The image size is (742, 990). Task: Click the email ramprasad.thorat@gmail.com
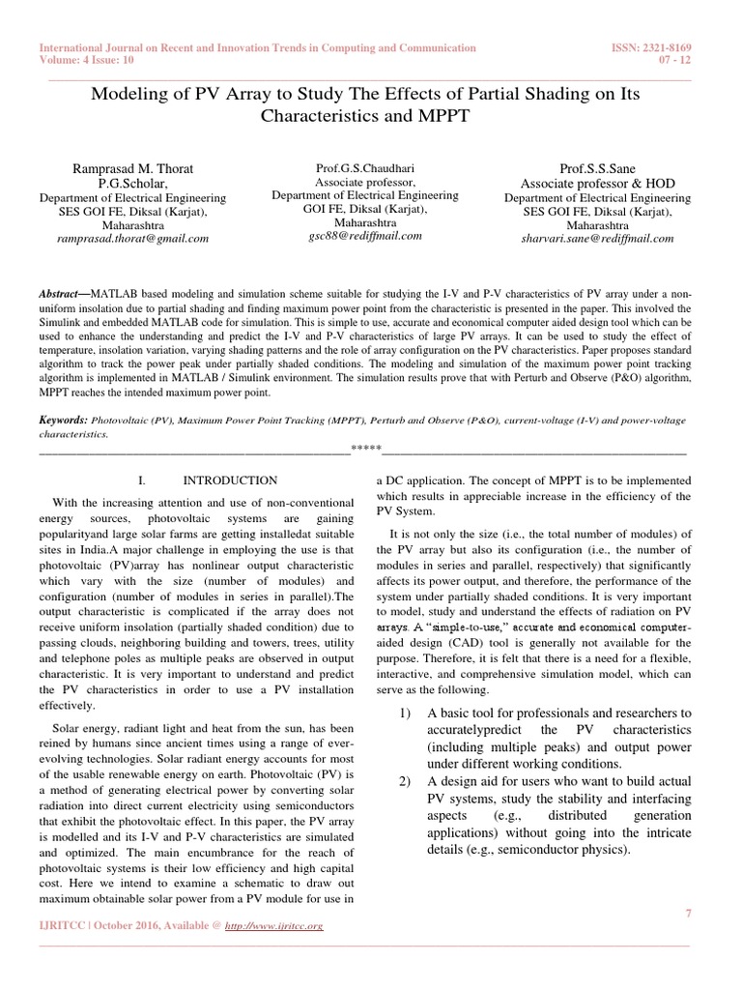click(132, 238)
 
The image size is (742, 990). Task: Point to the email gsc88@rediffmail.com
click(364, 235)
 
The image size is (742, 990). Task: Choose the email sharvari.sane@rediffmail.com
click(596, 238)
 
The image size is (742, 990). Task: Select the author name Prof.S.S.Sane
click(596, 168)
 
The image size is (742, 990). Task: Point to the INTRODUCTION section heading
click(230, 480)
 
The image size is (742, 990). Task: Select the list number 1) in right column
click(407, 713)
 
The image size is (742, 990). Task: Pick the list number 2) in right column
click(407, 779)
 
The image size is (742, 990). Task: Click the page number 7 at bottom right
click(687, 914)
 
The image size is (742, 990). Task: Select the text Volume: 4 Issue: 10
click(86, 59)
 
